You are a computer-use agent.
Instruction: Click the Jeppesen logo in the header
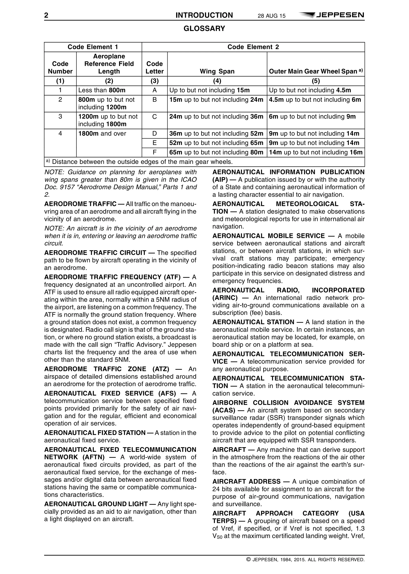coord(332,15)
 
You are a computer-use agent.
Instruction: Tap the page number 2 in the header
coord(46,16)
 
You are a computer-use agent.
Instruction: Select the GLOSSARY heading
coord(204,29)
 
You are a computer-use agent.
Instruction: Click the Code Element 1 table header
coord(93,47)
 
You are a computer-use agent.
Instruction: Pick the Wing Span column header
coord(217,71)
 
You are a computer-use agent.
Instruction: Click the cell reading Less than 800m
coord(102,90)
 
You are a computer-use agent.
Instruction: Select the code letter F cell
coord(154,152)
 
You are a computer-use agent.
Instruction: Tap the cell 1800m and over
coord(102,134)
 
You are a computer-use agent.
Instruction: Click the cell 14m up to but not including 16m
coord(316,152)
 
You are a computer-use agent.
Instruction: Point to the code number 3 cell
coord(60,117)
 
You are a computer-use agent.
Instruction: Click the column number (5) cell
coord(316,81)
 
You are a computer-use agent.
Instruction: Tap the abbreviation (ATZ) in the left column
coord(161,369)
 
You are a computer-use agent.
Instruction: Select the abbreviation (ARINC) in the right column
coord(225,298)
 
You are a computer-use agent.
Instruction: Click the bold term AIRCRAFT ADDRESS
coord(246,481)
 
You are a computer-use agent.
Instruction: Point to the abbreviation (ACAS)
coord(224,410)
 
